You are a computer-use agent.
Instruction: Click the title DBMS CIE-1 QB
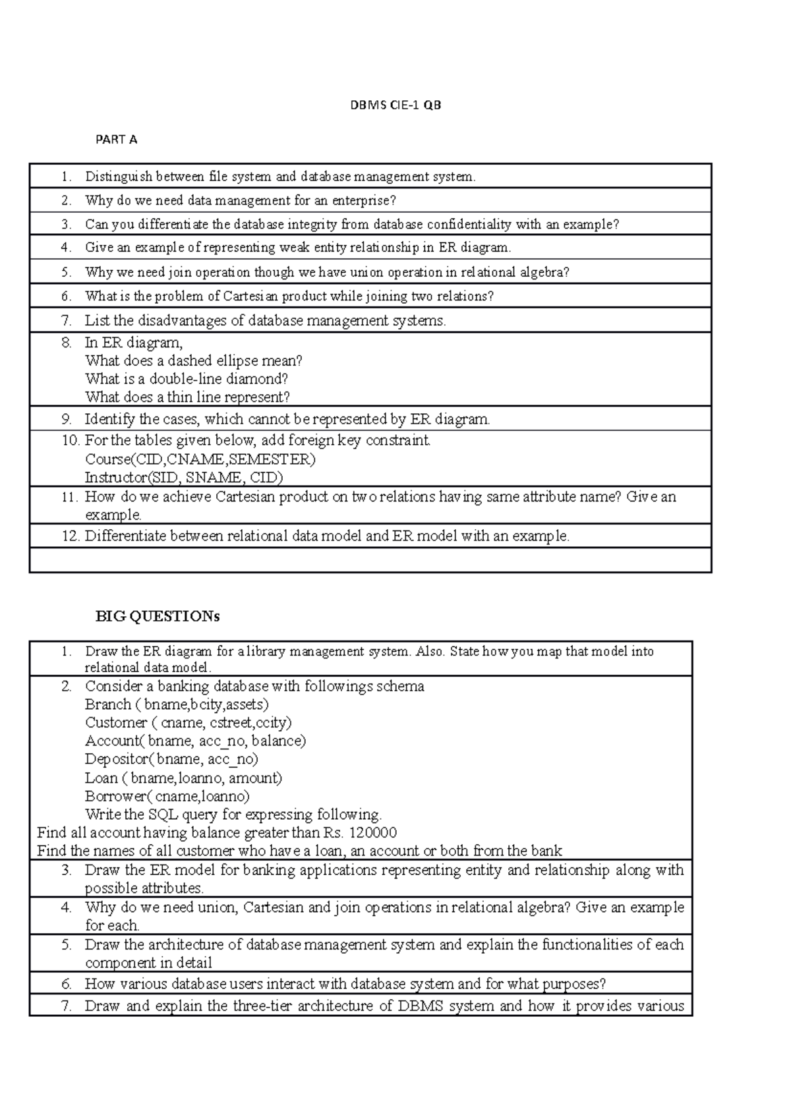pyautogui.click(x=395, y=105)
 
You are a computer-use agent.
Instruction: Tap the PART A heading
pyautogui.click(x=116, y=140)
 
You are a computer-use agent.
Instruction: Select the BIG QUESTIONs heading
pyautogui.click(x=158, y=617)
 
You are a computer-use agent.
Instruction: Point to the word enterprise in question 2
pyautogui.click(x=361, y=200)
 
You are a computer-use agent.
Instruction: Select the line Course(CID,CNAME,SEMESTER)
pyautogui.click(x=200, y=459)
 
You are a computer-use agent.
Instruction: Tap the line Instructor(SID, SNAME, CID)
pyautogui.click(x=184, y=478)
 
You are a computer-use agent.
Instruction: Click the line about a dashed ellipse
pyautogui.click(x=193, y=361)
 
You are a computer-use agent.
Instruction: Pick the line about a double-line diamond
pyautogui.click(x=187, y=380)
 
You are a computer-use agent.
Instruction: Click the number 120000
pyautogui.click(x=372, y=833)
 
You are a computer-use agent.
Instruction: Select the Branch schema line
pyautogui.click(x=177, y=704)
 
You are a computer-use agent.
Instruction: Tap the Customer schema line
pyautogui.click(x=189, y=723)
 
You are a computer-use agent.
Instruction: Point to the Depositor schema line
pyautogui.click(x=171, y=759)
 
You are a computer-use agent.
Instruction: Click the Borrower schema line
pyautogui.click(x=167, y=796)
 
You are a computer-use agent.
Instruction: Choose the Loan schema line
pyautogui.click(x=183, y=778)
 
